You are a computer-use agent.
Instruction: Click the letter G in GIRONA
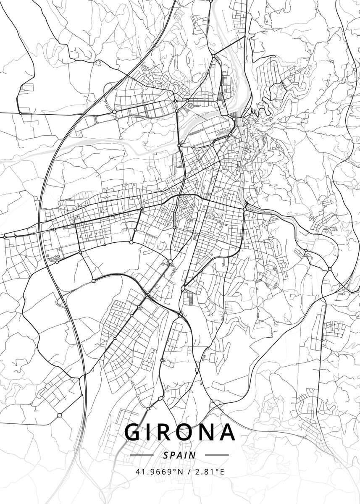coord(133,432)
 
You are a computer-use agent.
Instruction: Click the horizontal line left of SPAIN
coord(143,455)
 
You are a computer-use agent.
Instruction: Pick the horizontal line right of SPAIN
coord(217,455)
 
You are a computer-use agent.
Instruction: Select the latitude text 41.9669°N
coord(159,472)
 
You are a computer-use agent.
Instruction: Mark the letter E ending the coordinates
coord(222,472)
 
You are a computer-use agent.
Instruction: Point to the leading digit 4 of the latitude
coord(137,472)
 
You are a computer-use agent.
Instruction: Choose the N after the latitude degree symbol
coord(181,472)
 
